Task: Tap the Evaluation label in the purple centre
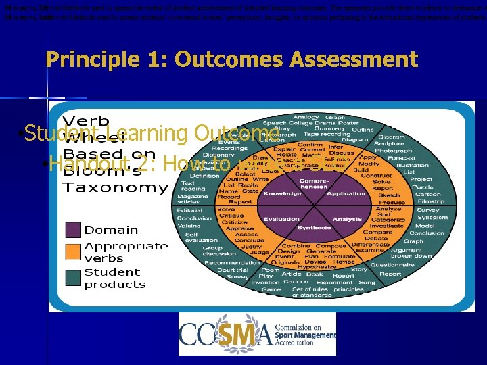coord(281,219)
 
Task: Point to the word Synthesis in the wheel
coord(314,228)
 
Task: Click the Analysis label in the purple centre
coord(347,219)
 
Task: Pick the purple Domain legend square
coord(72,230)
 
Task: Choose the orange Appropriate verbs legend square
coord(72,251)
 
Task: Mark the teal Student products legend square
coord(72,278)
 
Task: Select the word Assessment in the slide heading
coord(354,59)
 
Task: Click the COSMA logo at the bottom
coord(257,334)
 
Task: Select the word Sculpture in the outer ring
coord(408,143)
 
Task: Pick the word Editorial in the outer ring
coord(189,210)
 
